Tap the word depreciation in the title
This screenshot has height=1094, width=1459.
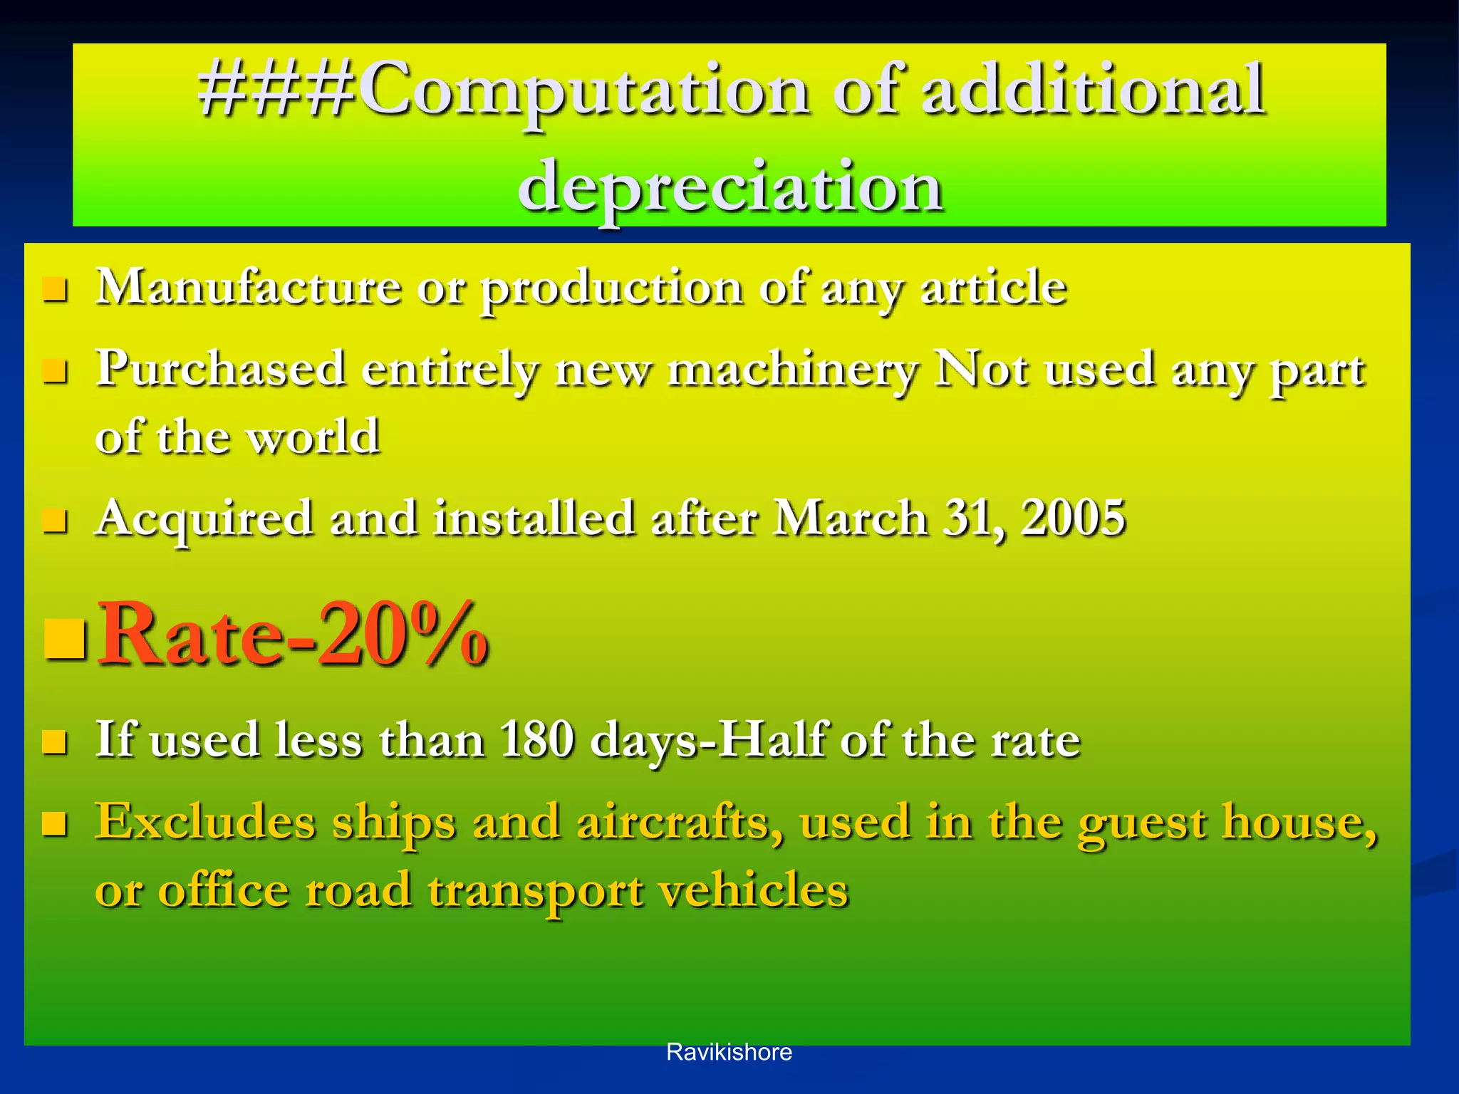pyautogui.click(x=731, y=187)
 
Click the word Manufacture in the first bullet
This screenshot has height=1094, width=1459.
pyautogui.click(x=249, y=288)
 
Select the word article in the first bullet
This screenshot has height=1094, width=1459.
pyautogui.click(x=993, y=288)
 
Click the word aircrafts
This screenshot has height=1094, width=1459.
pyautogui.click(x=680, y=821)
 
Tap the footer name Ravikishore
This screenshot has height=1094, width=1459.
pyautogui.click(x=729, y=1052)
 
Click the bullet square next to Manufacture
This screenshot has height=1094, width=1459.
pyautogui.click(x=55, y=290)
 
